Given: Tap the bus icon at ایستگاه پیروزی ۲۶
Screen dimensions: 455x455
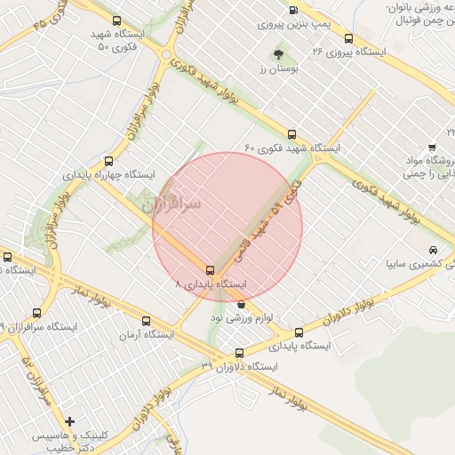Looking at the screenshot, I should click(348, 38).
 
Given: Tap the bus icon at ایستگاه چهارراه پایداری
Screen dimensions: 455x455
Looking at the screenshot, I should click(108, 161).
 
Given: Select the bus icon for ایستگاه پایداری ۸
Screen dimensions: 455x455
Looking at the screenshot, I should click(211, 270).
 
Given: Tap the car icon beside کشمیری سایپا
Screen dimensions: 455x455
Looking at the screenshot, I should click(433, 251).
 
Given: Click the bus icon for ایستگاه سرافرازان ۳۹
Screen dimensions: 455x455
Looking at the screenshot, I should click(36, 313).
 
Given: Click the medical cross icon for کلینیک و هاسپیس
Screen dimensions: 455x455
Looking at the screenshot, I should click(70, 422).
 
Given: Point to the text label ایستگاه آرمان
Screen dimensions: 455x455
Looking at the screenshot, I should click(148, 335).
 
